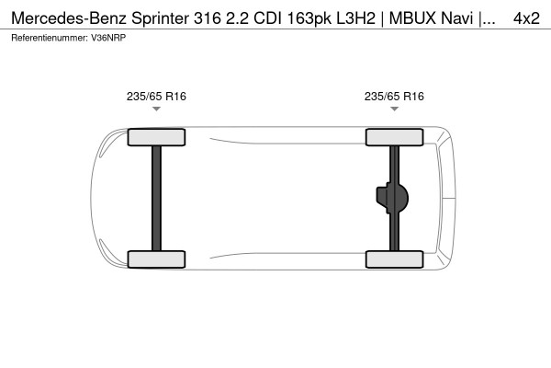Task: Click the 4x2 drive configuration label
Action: tap(526, 17)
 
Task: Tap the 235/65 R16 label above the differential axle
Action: tap(394, 96)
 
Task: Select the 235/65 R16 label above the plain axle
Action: tap(156, 96)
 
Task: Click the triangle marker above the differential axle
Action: tap(394, 109)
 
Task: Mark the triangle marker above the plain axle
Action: tap(156, 109)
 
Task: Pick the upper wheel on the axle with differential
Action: tap(394, 137)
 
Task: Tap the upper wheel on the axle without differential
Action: tap(156, 137)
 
